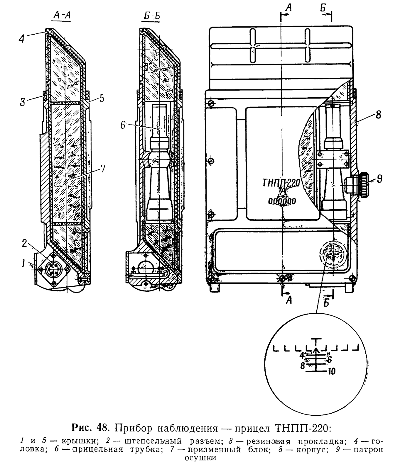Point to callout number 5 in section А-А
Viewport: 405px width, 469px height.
point(101,98)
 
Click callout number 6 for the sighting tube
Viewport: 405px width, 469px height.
point(123,125)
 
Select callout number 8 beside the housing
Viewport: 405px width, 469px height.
point(378,115)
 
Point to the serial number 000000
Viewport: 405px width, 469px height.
point(282,201)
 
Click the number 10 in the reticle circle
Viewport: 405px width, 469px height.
point(332,372)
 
